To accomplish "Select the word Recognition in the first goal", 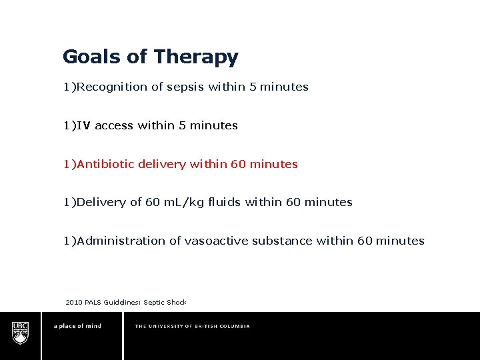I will [109, 87].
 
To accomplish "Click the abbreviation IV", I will [84, 125].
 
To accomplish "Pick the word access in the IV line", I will [115, 125].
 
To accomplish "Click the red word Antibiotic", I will [106, 164].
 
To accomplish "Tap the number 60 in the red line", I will [238, 164].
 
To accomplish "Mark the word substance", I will [282, 241].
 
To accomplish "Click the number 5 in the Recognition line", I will [253, 87].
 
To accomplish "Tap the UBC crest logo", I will [21, 332].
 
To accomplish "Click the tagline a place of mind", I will [77, 326].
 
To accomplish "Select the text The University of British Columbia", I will [192, 326].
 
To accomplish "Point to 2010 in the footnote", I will [74, 303].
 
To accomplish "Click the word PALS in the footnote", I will [93, 303].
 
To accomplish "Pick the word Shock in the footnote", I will [177, 303].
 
